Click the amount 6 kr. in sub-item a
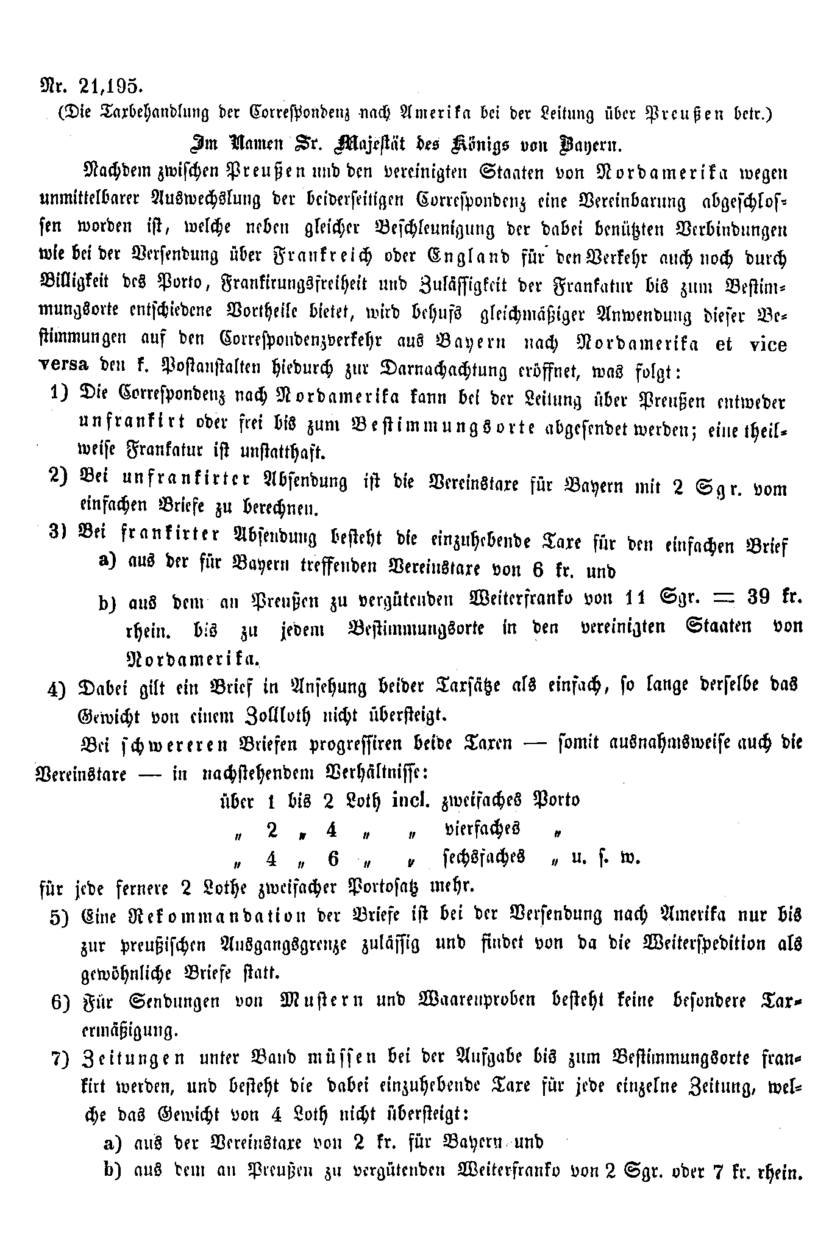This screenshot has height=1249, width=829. point(550,570)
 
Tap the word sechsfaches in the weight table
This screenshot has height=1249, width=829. point(484,858)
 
